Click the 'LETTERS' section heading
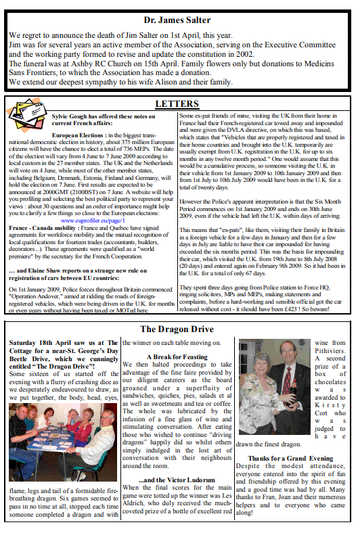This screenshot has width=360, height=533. tap(177, 104)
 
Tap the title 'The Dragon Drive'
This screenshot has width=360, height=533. tap(177, 329)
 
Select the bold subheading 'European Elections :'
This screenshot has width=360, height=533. tap(81, 135)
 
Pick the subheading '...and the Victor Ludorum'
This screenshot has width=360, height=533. tap(176, 478)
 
